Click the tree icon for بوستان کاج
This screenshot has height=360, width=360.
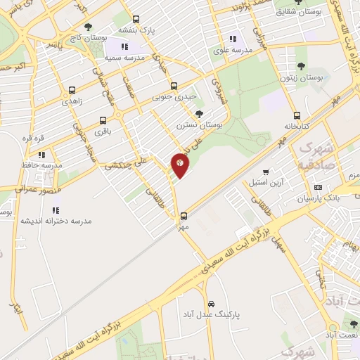click(87, 27)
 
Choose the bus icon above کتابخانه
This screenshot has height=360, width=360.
click(297, 115)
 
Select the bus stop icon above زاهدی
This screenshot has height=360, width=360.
click(72, 90)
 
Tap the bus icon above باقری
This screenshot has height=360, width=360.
click(103, 120)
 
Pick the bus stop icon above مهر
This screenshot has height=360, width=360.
click(184, 216)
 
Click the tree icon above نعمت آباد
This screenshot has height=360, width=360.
click(353, 324)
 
